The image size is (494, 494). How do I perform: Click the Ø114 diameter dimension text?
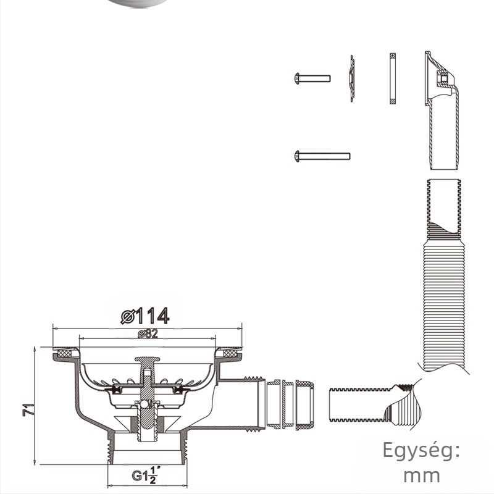point(146,316)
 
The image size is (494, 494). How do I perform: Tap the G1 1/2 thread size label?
point(146,476)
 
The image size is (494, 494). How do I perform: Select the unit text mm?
point(422,475)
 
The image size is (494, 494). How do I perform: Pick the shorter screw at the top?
point(312,78)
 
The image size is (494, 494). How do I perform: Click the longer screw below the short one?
point(322,156)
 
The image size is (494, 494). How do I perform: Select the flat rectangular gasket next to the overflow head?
point(393,79)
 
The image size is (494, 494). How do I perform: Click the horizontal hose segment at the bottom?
point(364,405)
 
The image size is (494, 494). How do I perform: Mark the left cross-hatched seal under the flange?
point(62,354)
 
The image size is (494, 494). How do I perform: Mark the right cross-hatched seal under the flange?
point(230,354)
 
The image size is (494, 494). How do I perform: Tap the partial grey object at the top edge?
point(136,3)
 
